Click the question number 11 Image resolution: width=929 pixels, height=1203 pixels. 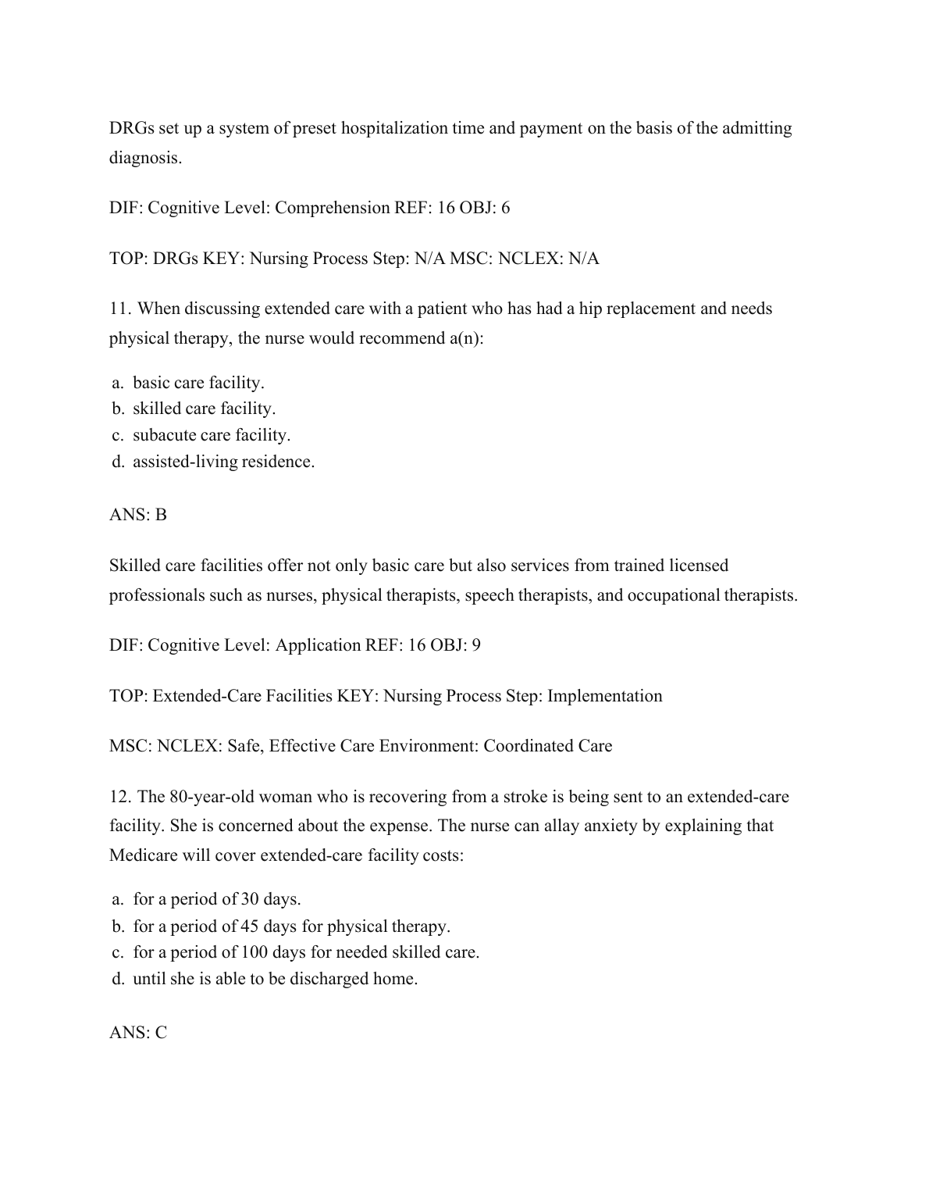click(120, 309)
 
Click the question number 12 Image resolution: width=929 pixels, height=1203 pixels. click(120, 797)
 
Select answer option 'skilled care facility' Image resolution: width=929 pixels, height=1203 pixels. click(204, 409)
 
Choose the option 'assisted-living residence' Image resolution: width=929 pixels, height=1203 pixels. click(223, 462)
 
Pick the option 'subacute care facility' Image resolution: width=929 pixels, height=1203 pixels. click(211, 435)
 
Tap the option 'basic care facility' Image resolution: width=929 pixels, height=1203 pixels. click(198, 383)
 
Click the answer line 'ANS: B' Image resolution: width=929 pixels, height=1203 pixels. click(138, 515)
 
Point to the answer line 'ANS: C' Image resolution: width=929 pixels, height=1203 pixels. click(138, 1033)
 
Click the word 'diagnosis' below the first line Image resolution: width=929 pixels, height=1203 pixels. click(144, 158)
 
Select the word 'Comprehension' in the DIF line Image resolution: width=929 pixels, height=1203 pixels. click(322, 208)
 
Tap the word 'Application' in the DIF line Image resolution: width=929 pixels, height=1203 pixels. click(318, 645)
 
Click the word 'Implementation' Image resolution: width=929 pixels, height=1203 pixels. click(604, 696)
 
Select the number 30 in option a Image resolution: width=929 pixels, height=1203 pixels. click(250, 899)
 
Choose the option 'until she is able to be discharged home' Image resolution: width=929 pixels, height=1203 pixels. click(275, 979)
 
